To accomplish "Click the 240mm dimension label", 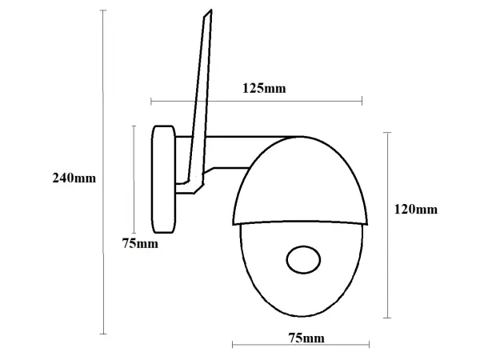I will click(73, 178).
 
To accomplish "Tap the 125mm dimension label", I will click(263, 88).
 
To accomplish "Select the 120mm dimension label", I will click(415, 210).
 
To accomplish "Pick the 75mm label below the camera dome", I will click(306, 338).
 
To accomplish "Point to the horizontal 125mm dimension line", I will click(256, 102).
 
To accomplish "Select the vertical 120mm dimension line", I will click(387, 224).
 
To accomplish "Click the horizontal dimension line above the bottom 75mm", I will click(300, 345).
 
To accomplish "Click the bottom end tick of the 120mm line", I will click(387, 318).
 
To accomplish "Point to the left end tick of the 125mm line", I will click(151, 102).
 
